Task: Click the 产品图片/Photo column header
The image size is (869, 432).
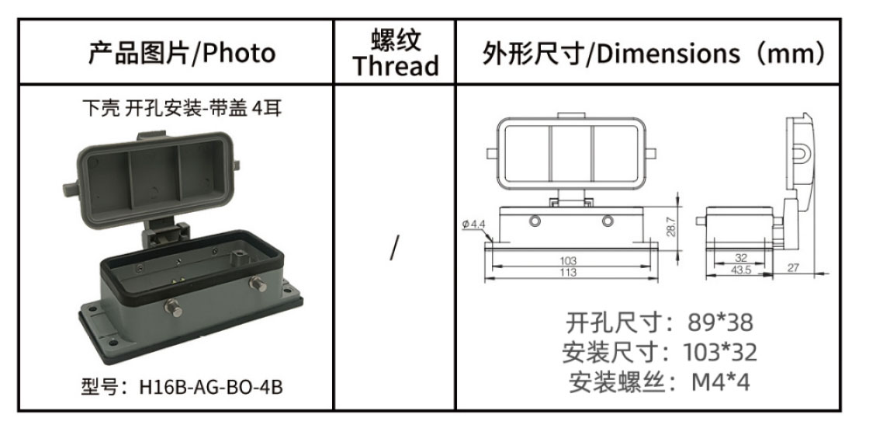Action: tap(182, 54)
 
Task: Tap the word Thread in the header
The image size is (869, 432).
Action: tap(395, 66)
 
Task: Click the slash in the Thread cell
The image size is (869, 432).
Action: tap(394, 247)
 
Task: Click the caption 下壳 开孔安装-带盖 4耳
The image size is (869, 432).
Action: tap(182, 108)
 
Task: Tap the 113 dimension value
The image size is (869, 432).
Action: tap(568, 272)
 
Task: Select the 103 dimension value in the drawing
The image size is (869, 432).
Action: tap(568, 260)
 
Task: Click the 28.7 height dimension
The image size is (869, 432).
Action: tap(671, 227)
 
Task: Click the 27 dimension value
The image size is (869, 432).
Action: tap(793, 267)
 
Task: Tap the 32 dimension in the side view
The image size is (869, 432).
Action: tap(740, 258)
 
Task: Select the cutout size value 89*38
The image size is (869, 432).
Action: tap(721, 322)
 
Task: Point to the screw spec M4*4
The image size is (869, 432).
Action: tap(721, 382)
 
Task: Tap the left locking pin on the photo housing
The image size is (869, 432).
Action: tap(174, 307)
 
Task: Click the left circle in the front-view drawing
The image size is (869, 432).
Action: tap(535, 221)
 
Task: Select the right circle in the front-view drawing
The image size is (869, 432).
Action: tap(608, 221)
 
